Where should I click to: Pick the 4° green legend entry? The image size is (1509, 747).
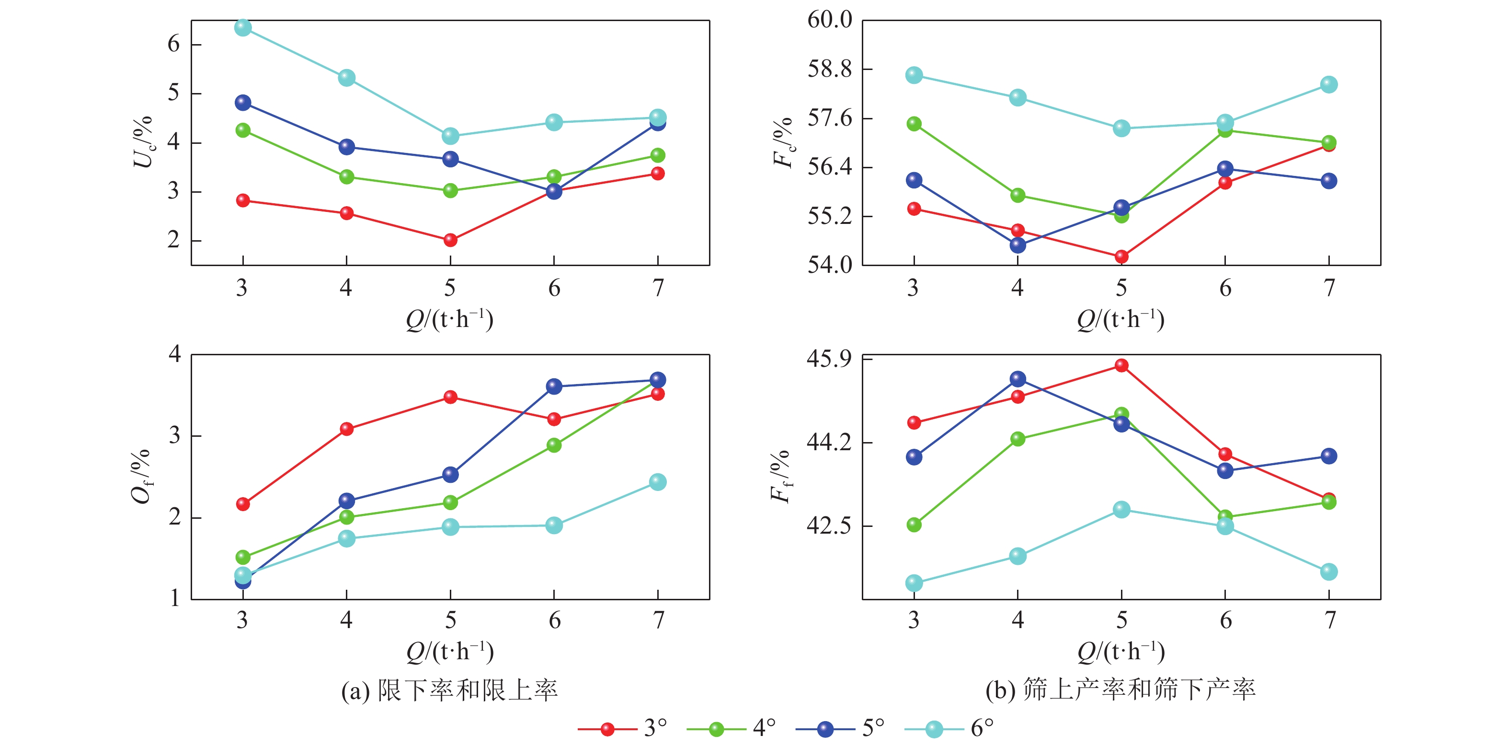coord(731,729)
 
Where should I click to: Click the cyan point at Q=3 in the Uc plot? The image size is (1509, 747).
coord(243,27)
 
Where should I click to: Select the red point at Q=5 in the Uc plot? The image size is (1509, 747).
coord(450,240)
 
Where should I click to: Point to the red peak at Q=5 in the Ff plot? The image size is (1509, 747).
coord(1121,365)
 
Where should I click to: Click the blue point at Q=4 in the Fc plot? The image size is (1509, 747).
coord(1017,245)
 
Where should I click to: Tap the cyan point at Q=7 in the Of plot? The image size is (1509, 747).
coord(658,482)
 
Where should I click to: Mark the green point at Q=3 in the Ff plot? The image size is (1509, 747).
coord(914,525)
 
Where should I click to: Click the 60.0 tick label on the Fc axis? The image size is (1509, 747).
coord(830,20)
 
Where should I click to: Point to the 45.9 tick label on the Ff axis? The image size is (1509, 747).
coord(829,358)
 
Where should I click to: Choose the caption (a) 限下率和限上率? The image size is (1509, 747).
coord(449,690)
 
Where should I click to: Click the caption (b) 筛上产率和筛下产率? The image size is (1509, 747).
coord(1120,690)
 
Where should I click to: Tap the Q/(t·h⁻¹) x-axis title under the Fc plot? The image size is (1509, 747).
coord(1120,319)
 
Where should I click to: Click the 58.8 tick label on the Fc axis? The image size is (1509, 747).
coord(830,69)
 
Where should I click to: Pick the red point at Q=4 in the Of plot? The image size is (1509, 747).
coord(346,429)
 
